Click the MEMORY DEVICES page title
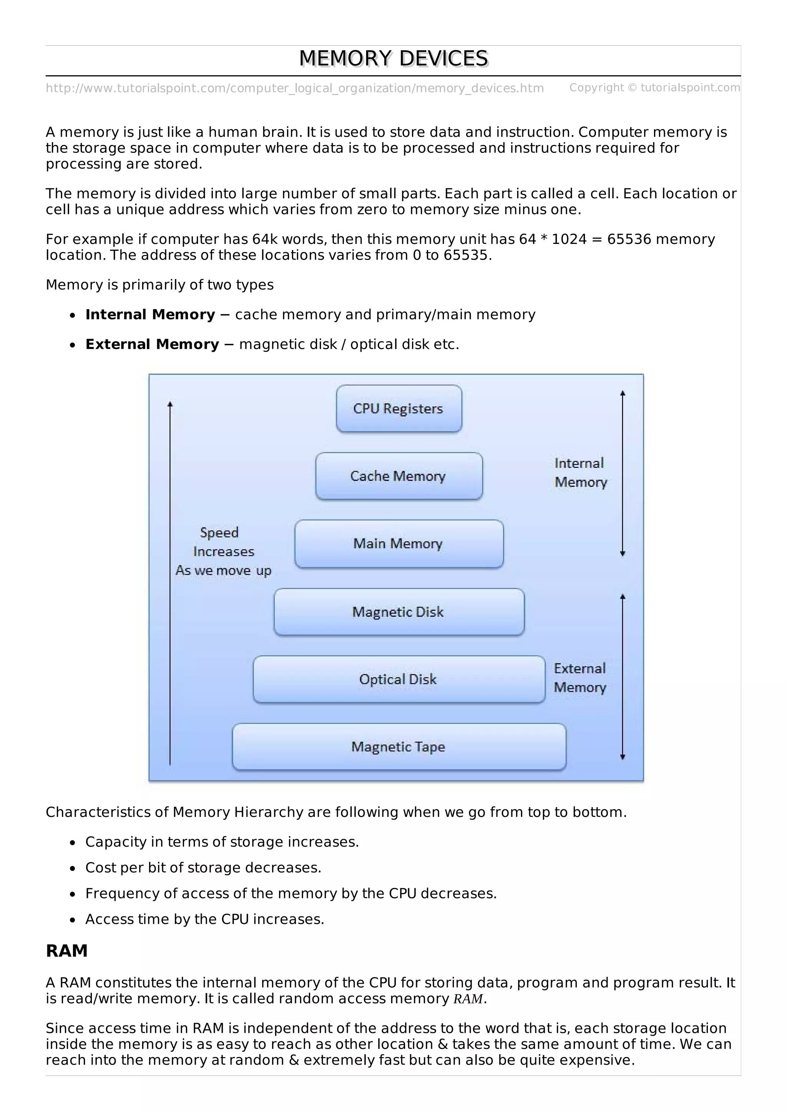tap(393, 59)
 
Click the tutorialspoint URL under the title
tap(294, 88)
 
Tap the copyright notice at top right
tap(654, 88)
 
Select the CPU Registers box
tap(398, 409)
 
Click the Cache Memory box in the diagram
tap(398, 476)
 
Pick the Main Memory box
tap(398, 543)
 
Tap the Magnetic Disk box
tap(398, 612)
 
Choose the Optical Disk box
tap(398, 679)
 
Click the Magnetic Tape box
tap(398, 747)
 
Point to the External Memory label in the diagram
tap(580, 678)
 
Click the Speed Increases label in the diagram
tap(222, 552)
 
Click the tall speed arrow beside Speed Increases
tap(170, 582)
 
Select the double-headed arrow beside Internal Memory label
tap(623, 473)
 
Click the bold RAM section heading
tap(66, 951)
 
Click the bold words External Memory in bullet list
tap(152, 344)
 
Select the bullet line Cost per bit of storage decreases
tap(203, 867)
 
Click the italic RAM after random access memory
tap(468, 999)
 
